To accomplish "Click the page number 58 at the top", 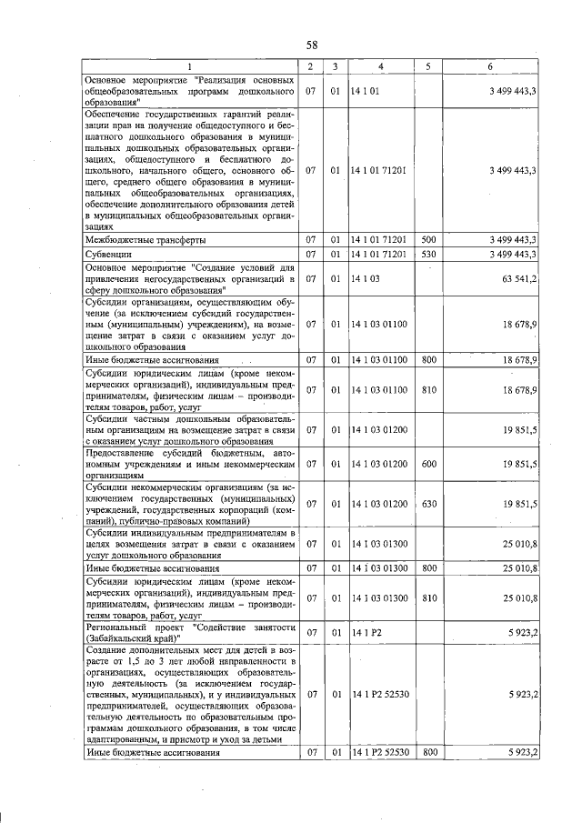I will pyautogui.click(x=312, y=45).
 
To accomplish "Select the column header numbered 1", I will pyautogui.click(x=190, y=66).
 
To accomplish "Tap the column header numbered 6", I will pyautogui.click(x=491, y=66).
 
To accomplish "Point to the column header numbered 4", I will pyautogui.click(x=380, y=66).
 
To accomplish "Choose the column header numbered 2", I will pyautogui.click(x=311, y=66).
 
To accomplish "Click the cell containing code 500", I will pyautogui.click(x=428, y=240).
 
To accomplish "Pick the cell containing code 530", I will pyautogui.click(x=428, y=254).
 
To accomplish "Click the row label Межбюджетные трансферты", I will pyautogui.click(x=145, y=240).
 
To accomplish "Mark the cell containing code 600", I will pyautogui.click(x=428, y=464).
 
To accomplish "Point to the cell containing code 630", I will pyautogui.click(x=428, y=503).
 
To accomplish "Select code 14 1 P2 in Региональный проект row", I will pyautogui.click(x=366, y=633).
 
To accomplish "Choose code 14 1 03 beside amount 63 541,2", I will pyautogui.click(x=365, y=278).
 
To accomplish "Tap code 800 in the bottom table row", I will pyautogui.click(x=429, y=752).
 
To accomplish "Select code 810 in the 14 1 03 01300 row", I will pyautogui.click(x=428, y=597).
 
